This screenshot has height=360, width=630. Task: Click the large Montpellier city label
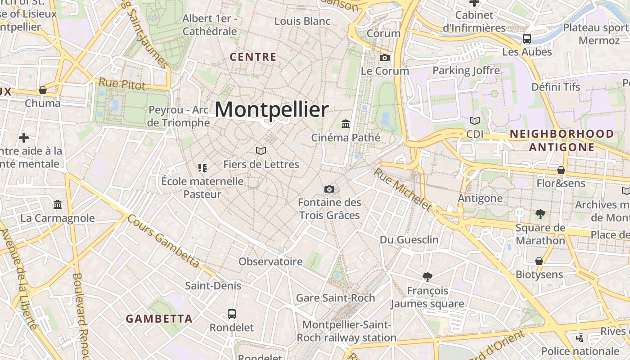(x=272, y=110)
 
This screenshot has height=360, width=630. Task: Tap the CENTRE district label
(x=253, y=57)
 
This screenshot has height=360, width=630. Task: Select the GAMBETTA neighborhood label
(x=159, y=319)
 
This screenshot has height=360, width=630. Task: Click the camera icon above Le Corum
(x=385, y=58)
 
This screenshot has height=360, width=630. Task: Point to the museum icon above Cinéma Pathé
(x=346, y=124)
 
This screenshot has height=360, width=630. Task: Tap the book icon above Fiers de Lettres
(x=261, y=151)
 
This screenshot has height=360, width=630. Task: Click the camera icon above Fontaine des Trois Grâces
(x=329, y=189)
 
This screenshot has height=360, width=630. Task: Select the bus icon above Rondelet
(x=232, y=314)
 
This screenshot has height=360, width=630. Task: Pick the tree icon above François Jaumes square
(x=427, y=277)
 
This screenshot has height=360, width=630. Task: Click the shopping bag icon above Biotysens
(x=539, y=261)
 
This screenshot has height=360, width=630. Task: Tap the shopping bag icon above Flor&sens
(x=561, y=170)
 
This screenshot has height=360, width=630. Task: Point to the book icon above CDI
(x=475, y=121)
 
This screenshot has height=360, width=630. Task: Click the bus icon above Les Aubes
(x=527, y=39)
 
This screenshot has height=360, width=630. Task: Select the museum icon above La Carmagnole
(x=58, y=205)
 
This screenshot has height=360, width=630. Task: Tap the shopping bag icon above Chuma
(x=43, y=90)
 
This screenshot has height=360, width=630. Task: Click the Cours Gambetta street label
(x=163, y=241)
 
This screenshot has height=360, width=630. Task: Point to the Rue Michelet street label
(x=403, y=189)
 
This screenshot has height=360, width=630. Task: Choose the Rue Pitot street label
(x=122, y=84)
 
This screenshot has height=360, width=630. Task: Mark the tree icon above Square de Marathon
(x=540, y=214)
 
